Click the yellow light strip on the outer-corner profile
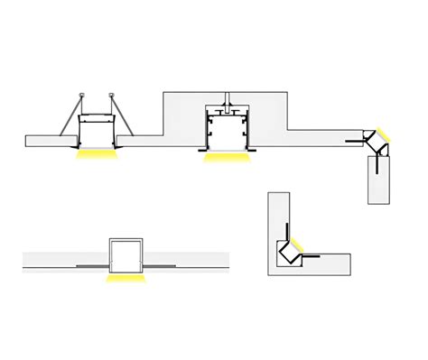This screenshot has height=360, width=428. pos(385,135)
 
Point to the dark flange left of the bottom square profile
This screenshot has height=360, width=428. pos(92,267)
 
